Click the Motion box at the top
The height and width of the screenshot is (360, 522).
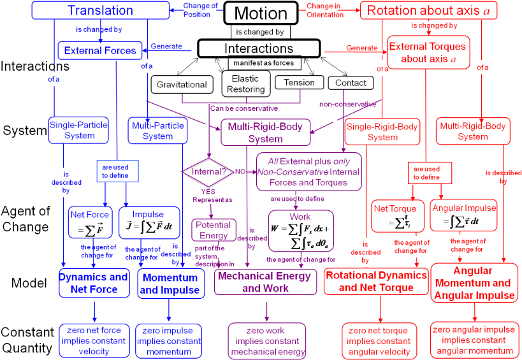click(x=261, y=13)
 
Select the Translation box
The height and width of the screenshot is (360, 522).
click(x=100, y=11)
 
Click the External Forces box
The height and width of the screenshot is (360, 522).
click(x=99, y=50)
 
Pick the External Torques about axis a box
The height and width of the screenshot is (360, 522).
click(x=428, y=52)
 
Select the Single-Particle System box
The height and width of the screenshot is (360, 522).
click(x=79, y=130)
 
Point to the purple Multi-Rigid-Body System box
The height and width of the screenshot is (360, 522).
click(x=266, y=133)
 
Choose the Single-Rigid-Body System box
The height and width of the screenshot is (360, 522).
click(x=382, y=132)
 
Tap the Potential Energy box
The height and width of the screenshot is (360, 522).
click(x=214, y=230)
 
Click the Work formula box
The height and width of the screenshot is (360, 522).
click(x=300, y=231)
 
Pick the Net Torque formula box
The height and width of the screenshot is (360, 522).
click(x=395, y=216)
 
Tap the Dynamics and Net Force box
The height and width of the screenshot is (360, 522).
click(x=94, y=283)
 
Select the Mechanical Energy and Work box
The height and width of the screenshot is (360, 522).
click(x=265, y=282)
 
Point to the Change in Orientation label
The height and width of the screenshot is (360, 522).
click(x=324, y=11)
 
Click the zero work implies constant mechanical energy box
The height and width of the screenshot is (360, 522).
click(x=268, y=341)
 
